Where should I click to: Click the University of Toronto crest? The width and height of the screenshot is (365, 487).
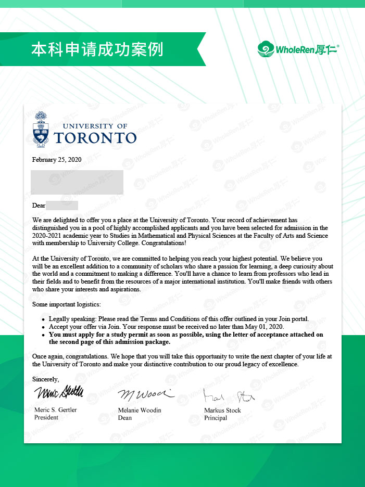[x=40, y=127]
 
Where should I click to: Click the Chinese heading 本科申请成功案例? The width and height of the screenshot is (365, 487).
[x=97, y=49]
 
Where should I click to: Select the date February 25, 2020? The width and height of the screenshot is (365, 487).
[x=57, y=160]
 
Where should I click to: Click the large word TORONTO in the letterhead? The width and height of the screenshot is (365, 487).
[x=95, y=137]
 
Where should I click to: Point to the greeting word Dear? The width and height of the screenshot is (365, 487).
[x=39, y=206]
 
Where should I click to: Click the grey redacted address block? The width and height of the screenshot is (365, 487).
[x=77, y=182]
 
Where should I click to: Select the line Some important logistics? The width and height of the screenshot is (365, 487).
[x=67, y=304]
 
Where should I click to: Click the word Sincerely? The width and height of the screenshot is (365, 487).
[x=46, y=379]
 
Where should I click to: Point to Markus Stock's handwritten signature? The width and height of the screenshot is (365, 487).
[x=228, y=396]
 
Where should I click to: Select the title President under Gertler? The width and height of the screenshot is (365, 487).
[x=47, y=418]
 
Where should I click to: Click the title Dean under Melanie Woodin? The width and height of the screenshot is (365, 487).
[x=125, y=418]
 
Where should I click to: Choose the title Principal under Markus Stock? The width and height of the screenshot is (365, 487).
[x=216, y=418]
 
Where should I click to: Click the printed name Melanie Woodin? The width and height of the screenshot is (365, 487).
[x=140, y=410]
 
